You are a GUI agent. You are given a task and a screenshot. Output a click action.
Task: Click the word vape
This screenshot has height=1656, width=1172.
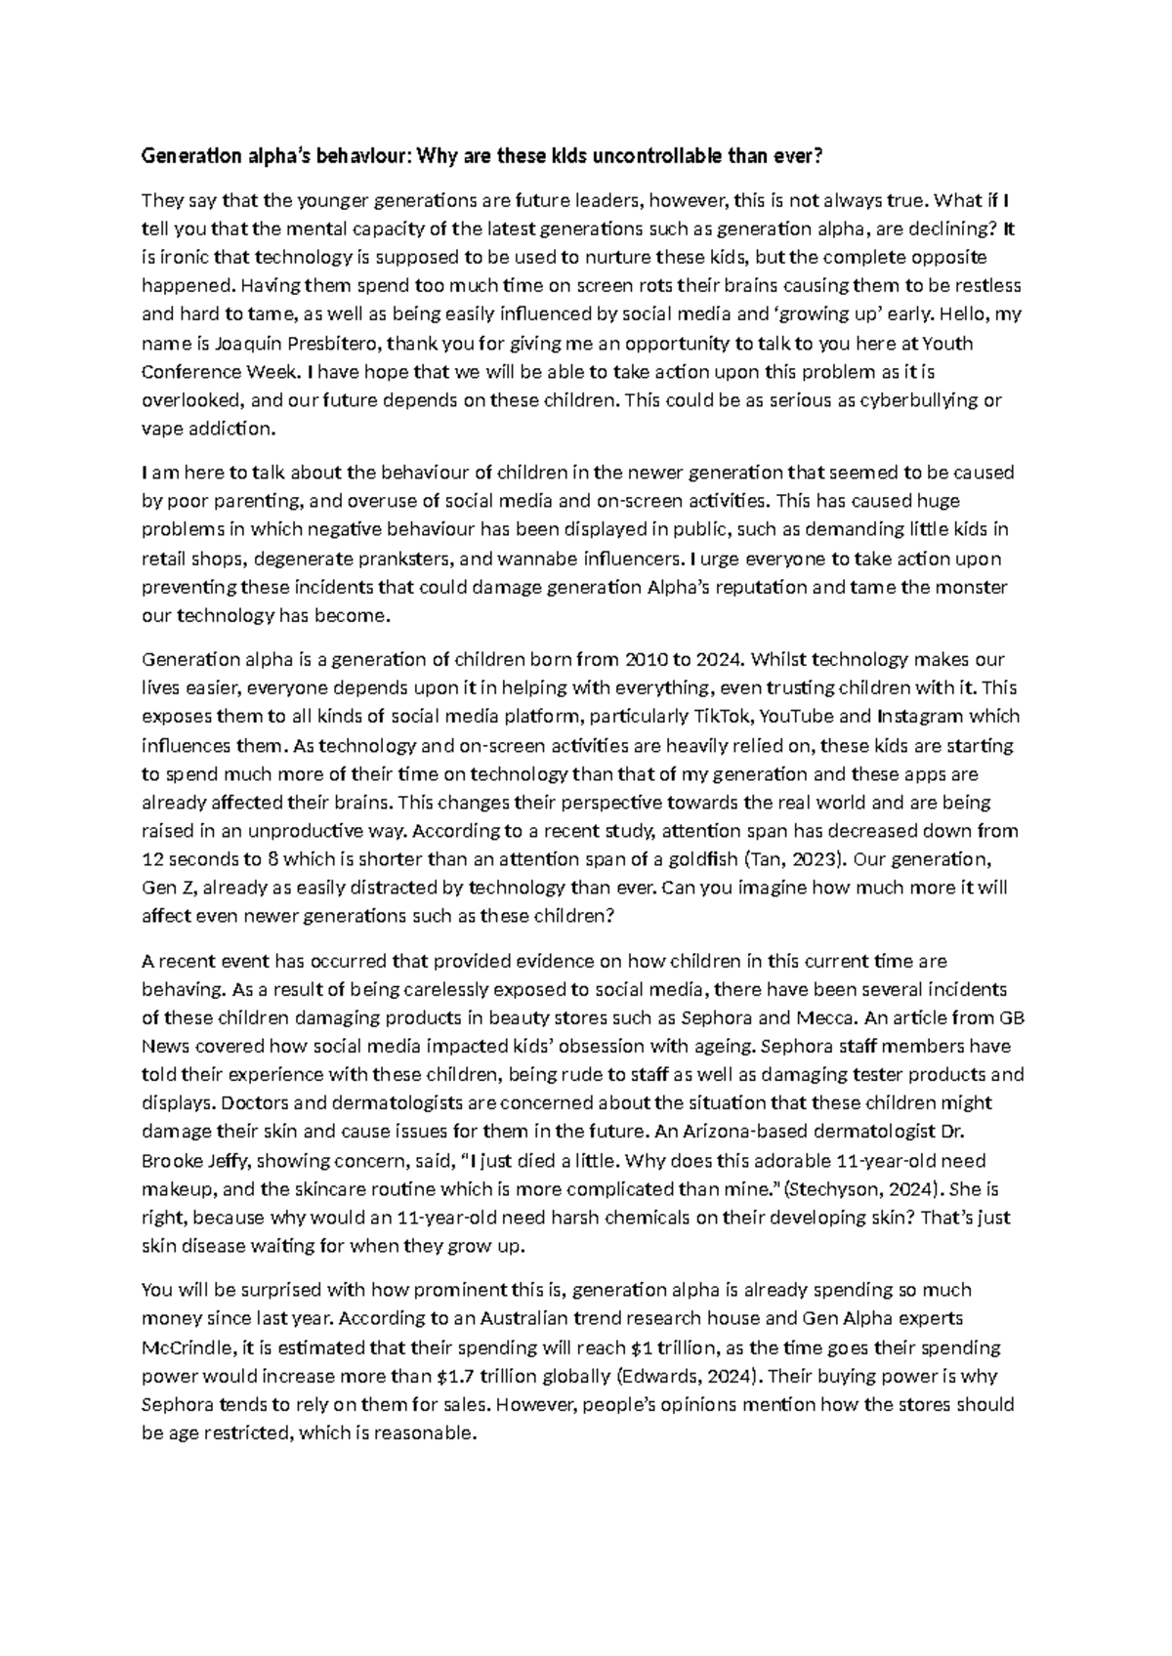point(160,429)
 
